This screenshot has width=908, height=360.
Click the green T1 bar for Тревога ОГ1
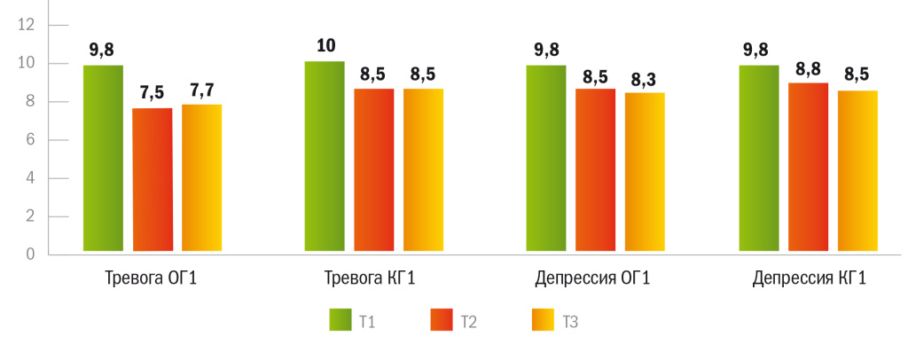(103, 160)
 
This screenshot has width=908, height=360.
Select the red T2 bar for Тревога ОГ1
(152, 181)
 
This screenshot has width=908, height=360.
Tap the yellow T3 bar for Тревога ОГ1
(201, 179)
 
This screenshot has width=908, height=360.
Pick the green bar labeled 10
(325, 158)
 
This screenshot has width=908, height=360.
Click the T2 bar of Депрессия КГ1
(809, 168)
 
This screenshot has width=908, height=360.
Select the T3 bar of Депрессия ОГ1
(645, 174)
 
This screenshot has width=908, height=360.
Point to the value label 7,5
(152, 93)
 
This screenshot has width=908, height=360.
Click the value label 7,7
(201, 90)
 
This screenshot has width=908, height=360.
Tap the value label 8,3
(645, 80)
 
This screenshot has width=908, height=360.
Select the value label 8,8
(809, 68)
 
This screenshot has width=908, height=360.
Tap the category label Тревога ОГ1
(150, 279)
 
